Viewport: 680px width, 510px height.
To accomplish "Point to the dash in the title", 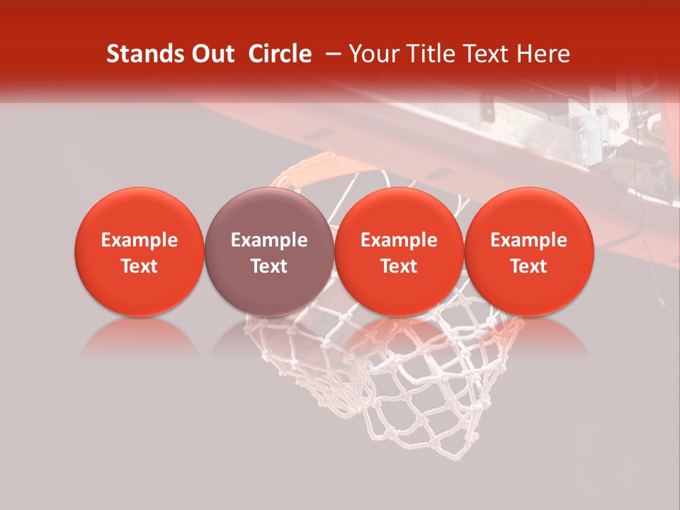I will [336, 54].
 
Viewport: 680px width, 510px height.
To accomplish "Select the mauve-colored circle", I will [269, 251].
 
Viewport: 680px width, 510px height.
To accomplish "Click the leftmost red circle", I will [140, 251].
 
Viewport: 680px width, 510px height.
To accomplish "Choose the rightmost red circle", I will [528, 251].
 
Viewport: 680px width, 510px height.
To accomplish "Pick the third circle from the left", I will [399, 251].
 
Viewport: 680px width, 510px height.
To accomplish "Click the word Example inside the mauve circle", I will [269, 240].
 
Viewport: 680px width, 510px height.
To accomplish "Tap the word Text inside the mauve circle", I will [269, 266].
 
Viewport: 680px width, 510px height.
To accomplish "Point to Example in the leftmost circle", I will [140, 240].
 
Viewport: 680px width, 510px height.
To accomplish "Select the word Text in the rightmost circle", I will [528, 266].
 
